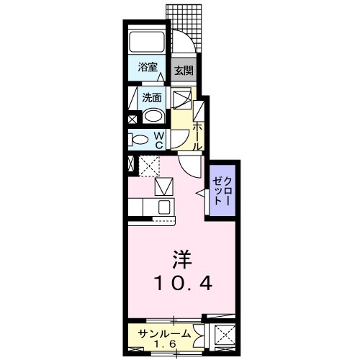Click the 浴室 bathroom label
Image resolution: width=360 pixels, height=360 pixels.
click(148, 68)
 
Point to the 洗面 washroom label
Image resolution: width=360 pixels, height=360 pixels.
click(150, 98)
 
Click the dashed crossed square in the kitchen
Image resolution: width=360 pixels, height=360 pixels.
click(149, 167)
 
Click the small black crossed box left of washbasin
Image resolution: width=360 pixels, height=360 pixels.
click(132, 120)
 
